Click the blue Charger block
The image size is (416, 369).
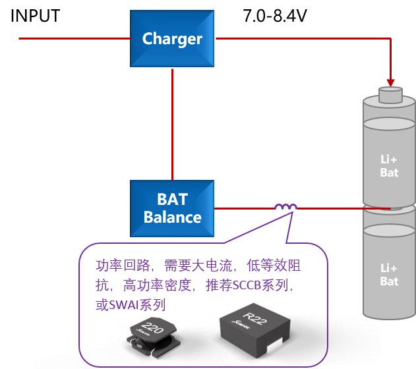(x=172, y=39)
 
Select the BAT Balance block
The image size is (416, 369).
(x=172, y=208)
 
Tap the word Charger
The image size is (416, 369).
(x=172, y=39)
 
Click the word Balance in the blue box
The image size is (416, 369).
(x=172, y=217)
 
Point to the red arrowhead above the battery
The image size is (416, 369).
(x=390, y=83)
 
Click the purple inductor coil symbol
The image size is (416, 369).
(x=286, y=207)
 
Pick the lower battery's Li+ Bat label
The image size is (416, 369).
(x=389, y=275)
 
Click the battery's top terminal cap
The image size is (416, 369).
(x=390, y=96)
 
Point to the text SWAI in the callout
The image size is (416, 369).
(x=120, y=305)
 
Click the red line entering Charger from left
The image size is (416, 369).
(x=73, y=39)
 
